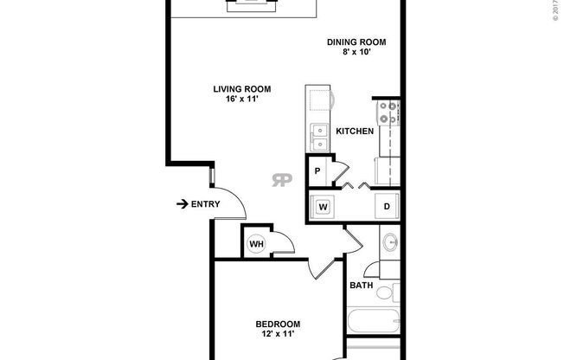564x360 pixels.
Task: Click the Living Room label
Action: (243, 88)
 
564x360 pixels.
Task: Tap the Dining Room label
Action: (356, 42)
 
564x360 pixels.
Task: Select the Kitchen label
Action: (355, 132)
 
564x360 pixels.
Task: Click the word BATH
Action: (361, 285)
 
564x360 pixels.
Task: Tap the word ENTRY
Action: (205, 204)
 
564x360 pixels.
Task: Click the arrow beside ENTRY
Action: (182, 204)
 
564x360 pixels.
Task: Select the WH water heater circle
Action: (257, 244)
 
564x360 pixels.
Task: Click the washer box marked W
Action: (323, 207)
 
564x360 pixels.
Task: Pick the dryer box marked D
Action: (388, 207)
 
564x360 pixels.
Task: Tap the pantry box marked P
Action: (318, 170)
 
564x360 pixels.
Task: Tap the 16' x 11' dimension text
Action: (243, 99)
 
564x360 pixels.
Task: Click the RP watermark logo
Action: (282, 179)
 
